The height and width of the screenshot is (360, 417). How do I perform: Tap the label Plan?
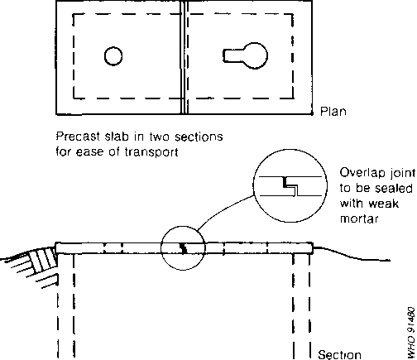(x=333, y=112)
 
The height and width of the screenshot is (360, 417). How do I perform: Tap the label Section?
(x=339, y=354)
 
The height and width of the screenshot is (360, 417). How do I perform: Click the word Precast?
(x=78, y=137)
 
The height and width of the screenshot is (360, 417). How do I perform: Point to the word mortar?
(x=359, y=218)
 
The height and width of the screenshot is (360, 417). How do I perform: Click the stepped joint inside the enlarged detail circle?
(x=290, y=186)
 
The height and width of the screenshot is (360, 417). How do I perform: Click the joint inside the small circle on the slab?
(x=183, y=248)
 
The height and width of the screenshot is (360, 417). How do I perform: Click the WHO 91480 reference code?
(x=411, y=333)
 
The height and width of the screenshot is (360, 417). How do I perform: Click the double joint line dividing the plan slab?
(x=185, y=57)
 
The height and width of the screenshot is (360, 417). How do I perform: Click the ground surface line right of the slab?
(x=352, y=254)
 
